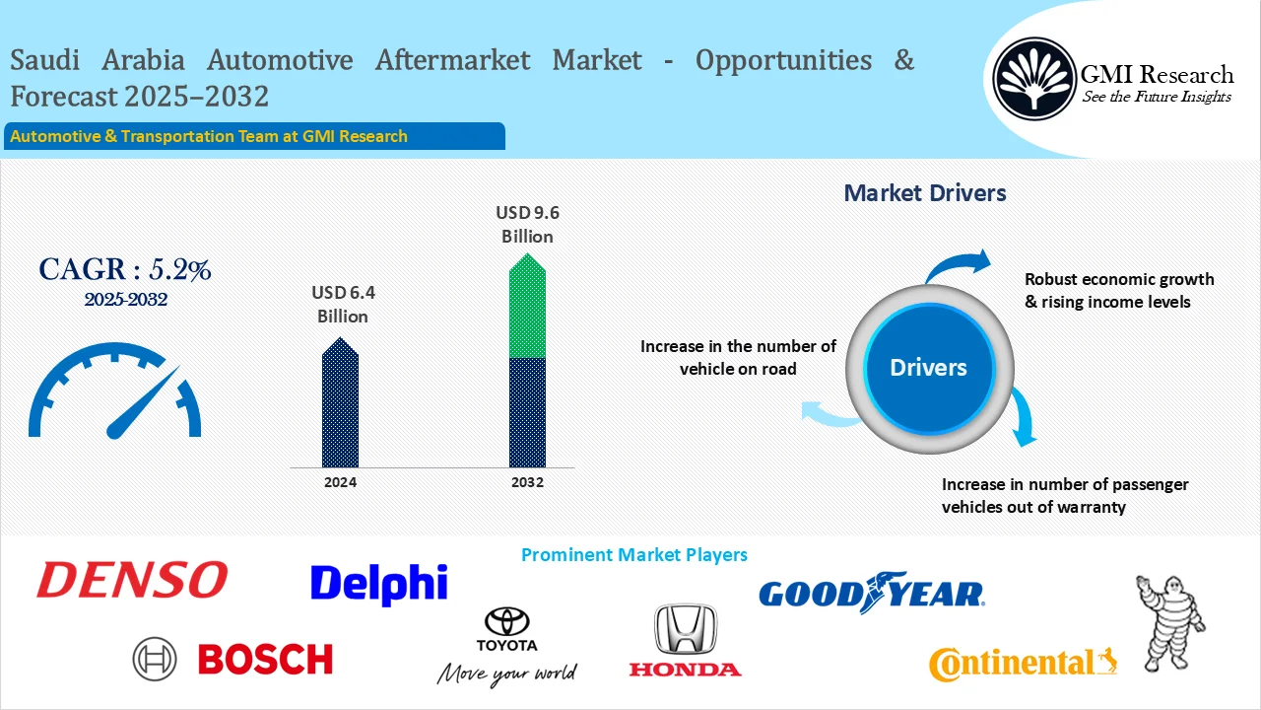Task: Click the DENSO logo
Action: (132, 580)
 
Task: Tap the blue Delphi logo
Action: (378, 584)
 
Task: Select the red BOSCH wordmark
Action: (265, 659)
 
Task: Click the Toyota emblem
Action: (507, 622)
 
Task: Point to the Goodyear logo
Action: (871, 592)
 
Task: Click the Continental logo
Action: (1023, 664)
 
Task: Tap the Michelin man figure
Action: (1169, 622)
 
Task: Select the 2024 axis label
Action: (340, 483)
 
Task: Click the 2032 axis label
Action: (527, 483)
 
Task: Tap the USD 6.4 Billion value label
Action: (343, 305)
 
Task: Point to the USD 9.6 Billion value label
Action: (527, 224)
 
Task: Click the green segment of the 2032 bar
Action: (527, 311)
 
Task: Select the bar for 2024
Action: (340, 404)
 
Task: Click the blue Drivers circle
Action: (928, 368)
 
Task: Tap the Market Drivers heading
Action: (925, 193)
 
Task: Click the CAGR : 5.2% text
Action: (125, 270)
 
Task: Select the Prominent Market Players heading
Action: (633, 555)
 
